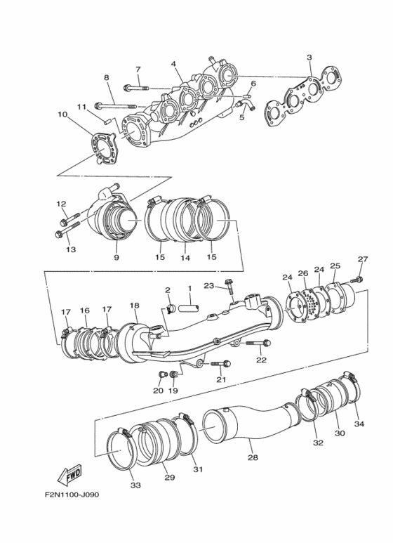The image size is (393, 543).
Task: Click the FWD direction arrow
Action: coord(68,477)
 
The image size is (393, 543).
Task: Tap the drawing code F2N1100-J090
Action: coord(71,495)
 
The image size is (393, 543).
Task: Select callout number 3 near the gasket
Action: coord(309,57)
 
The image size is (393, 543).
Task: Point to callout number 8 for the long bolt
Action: coord(107,77)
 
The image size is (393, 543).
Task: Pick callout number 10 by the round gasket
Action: coord(63,115)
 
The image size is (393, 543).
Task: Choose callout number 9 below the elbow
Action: coord(116,257)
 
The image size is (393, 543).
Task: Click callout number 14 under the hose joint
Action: coord(186,258)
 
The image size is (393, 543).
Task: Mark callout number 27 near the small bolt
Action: coord(362,259)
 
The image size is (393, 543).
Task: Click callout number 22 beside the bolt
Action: coord(261,360)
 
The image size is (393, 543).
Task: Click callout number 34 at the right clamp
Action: coord(359,424)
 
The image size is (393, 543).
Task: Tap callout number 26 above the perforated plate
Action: coord(302,273)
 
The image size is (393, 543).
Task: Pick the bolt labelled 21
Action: coord(220,364)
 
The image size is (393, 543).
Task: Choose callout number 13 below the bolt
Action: coord(70,249)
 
